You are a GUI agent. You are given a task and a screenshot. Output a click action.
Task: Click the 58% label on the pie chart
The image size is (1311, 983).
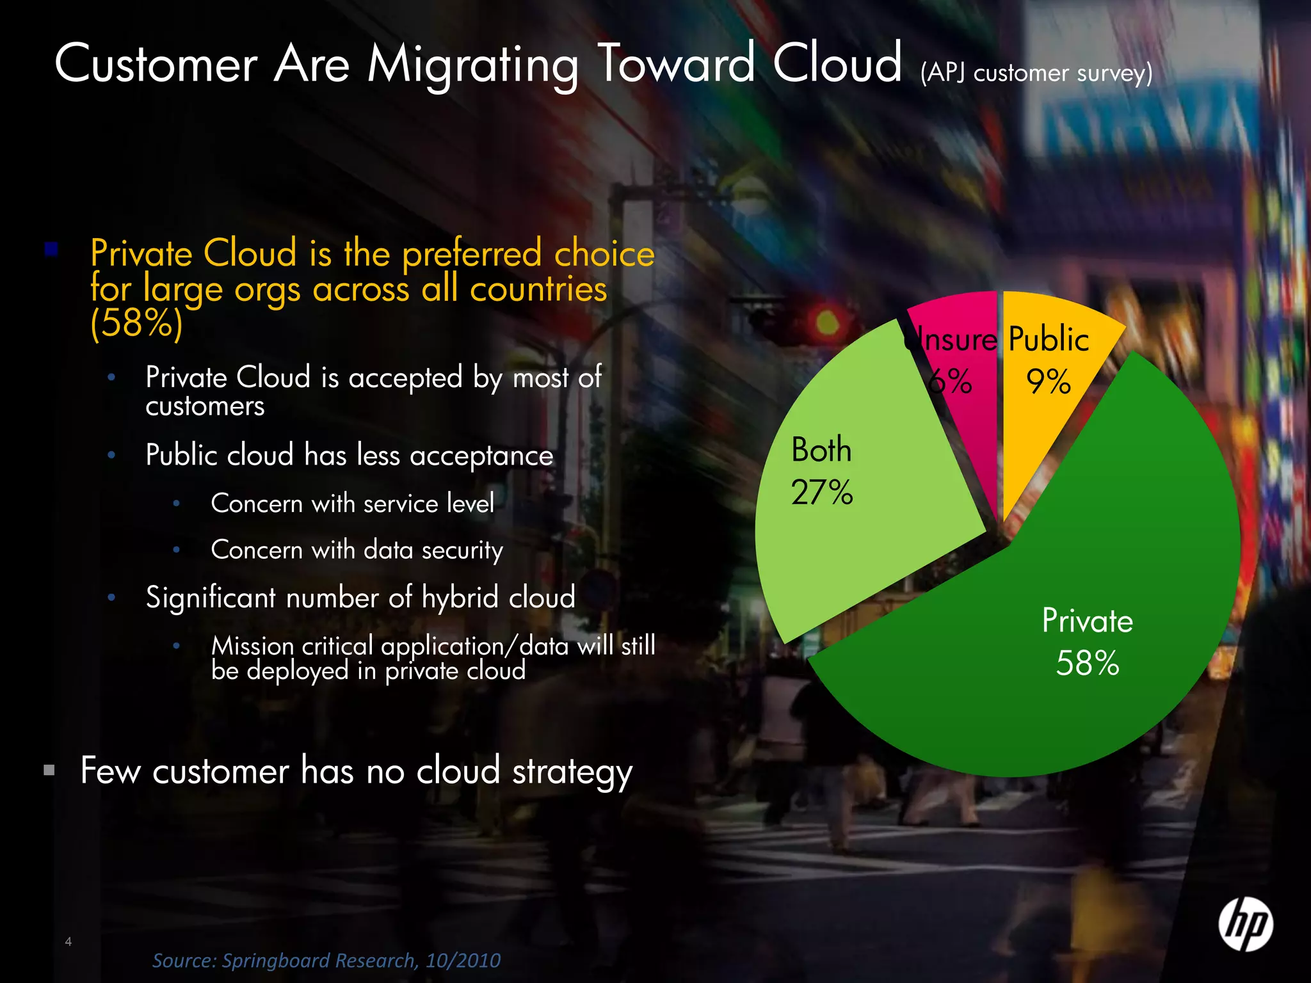(x=1088, y=664)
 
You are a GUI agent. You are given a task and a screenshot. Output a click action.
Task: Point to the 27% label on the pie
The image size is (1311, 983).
(x=822, y=493)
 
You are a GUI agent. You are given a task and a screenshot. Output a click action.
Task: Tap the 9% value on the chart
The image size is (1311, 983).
(x=1049, y=382)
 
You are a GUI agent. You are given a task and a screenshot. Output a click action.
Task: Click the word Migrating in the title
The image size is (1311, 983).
(x=472, y=66)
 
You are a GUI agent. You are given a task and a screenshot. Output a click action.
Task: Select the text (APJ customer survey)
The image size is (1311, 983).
(x=1036, y=73)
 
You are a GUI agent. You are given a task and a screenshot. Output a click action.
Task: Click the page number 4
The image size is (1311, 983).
(x=68, y=941)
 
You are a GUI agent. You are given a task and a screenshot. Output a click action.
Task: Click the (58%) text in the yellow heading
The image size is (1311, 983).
(x=136, y=323)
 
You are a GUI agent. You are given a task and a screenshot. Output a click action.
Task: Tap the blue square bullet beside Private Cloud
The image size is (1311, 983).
(x=51, y=249)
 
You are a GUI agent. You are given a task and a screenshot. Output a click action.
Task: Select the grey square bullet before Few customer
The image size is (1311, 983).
(x=49, y=770)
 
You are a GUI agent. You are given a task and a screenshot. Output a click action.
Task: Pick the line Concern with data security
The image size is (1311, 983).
(x=357, y=550)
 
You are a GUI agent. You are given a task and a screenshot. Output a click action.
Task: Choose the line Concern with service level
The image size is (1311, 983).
(x=352, y=504)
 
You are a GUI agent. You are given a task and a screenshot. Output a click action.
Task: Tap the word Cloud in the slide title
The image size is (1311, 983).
(x=837, y=64)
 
